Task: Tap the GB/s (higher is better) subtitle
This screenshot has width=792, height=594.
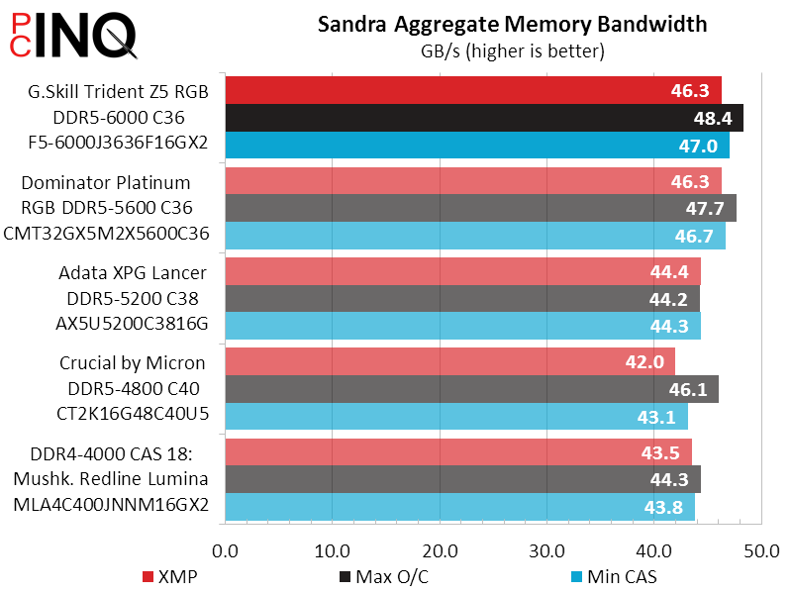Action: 513,49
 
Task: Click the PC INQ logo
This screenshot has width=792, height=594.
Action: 69,35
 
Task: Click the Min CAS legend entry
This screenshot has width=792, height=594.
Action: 614,576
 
